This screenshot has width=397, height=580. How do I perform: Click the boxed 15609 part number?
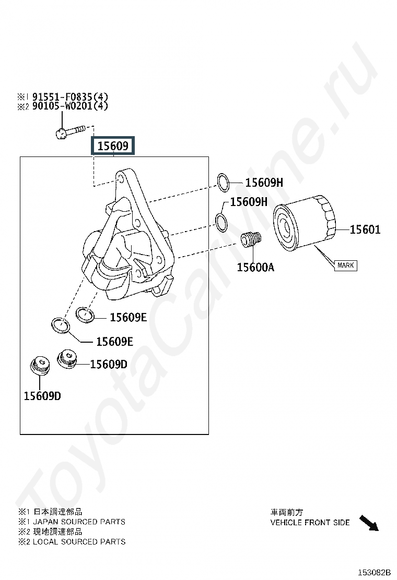click(x=113, y=146)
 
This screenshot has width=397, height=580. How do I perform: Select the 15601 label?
click(x=365, y=229)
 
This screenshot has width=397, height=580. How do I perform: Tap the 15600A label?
click(x=255, y=268)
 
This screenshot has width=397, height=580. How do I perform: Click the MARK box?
click(x=345, y=265)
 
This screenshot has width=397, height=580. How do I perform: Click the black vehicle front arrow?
click(x=369, y=523)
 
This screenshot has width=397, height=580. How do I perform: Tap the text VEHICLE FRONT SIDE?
click(x=310, y=522)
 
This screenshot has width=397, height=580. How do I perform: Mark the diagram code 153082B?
click(x=374, y=572)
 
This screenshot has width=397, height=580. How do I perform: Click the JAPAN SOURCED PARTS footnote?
click(x=79, y=522)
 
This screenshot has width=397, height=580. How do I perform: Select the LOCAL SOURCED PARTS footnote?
click(x=79, y=541)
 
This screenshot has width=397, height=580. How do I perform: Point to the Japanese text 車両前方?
click(x=286, y=512)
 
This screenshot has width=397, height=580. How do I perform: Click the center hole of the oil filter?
click(x=287, y=225)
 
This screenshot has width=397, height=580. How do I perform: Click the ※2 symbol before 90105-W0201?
click(x=22, y=106)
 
